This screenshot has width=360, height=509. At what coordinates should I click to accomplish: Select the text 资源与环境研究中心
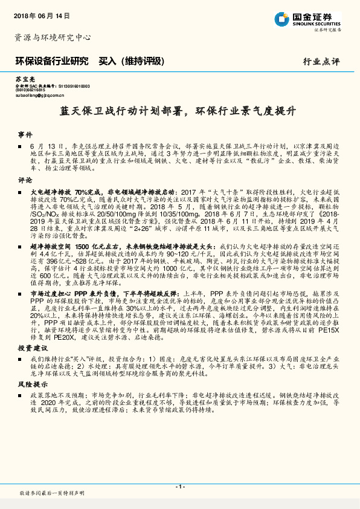52,37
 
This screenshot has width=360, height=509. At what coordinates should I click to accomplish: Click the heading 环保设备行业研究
51,61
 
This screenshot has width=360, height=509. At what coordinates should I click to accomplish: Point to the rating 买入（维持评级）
130,61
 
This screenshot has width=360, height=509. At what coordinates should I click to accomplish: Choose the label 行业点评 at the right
321,62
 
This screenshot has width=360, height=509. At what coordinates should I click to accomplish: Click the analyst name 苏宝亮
25,79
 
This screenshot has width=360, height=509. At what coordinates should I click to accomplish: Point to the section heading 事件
25,134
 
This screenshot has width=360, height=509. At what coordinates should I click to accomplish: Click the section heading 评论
25,180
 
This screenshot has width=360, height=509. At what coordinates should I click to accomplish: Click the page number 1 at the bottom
179,487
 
